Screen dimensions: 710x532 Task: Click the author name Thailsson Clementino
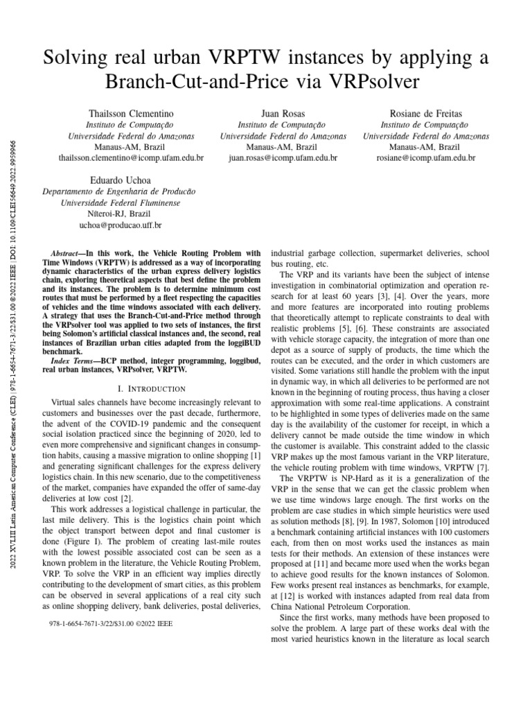(131, 112)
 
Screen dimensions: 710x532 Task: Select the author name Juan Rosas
(283, 112)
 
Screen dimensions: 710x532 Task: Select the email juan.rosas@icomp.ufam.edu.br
(283, 158)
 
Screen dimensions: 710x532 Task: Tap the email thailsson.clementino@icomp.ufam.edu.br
(131, 158)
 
